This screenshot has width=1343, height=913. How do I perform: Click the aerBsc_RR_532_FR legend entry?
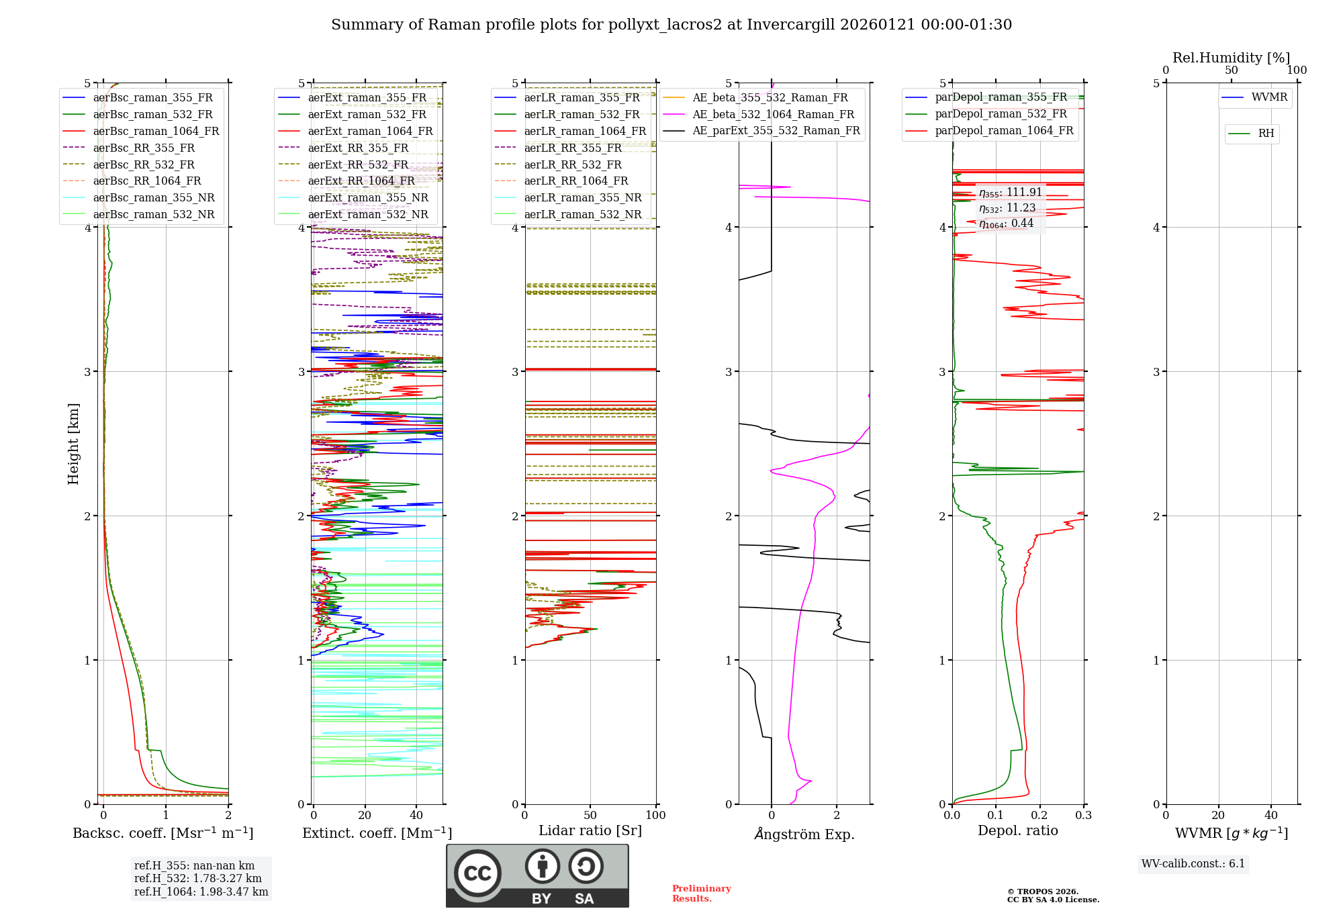144,164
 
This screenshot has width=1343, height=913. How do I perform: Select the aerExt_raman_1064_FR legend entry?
370,131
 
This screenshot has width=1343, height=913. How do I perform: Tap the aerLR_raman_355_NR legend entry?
583,197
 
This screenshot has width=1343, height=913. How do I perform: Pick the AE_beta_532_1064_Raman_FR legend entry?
773,114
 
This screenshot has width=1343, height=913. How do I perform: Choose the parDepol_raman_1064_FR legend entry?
1004,130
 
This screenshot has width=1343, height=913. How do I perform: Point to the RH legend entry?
1266,134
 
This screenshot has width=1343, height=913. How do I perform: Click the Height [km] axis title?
73,444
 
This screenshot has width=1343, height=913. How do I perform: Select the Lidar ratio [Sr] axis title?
590,830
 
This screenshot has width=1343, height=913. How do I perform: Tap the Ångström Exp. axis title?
804,834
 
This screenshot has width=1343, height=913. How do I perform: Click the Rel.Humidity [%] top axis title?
1231,58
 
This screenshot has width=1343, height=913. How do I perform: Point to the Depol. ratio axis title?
1017,830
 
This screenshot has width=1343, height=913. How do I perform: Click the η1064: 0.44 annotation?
1006,224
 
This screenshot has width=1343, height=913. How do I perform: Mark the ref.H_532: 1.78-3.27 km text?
197,878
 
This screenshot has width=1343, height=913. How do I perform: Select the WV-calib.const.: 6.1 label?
1193,863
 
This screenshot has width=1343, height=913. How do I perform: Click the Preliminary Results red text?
701,893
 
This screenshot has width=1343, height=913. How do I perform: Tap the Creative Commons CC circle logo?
477,873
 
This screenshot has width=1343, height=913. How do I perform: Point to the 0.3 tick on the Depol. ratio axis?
1083,815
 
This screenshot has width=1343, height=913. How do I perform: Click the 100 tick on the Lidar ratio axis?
655,815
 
